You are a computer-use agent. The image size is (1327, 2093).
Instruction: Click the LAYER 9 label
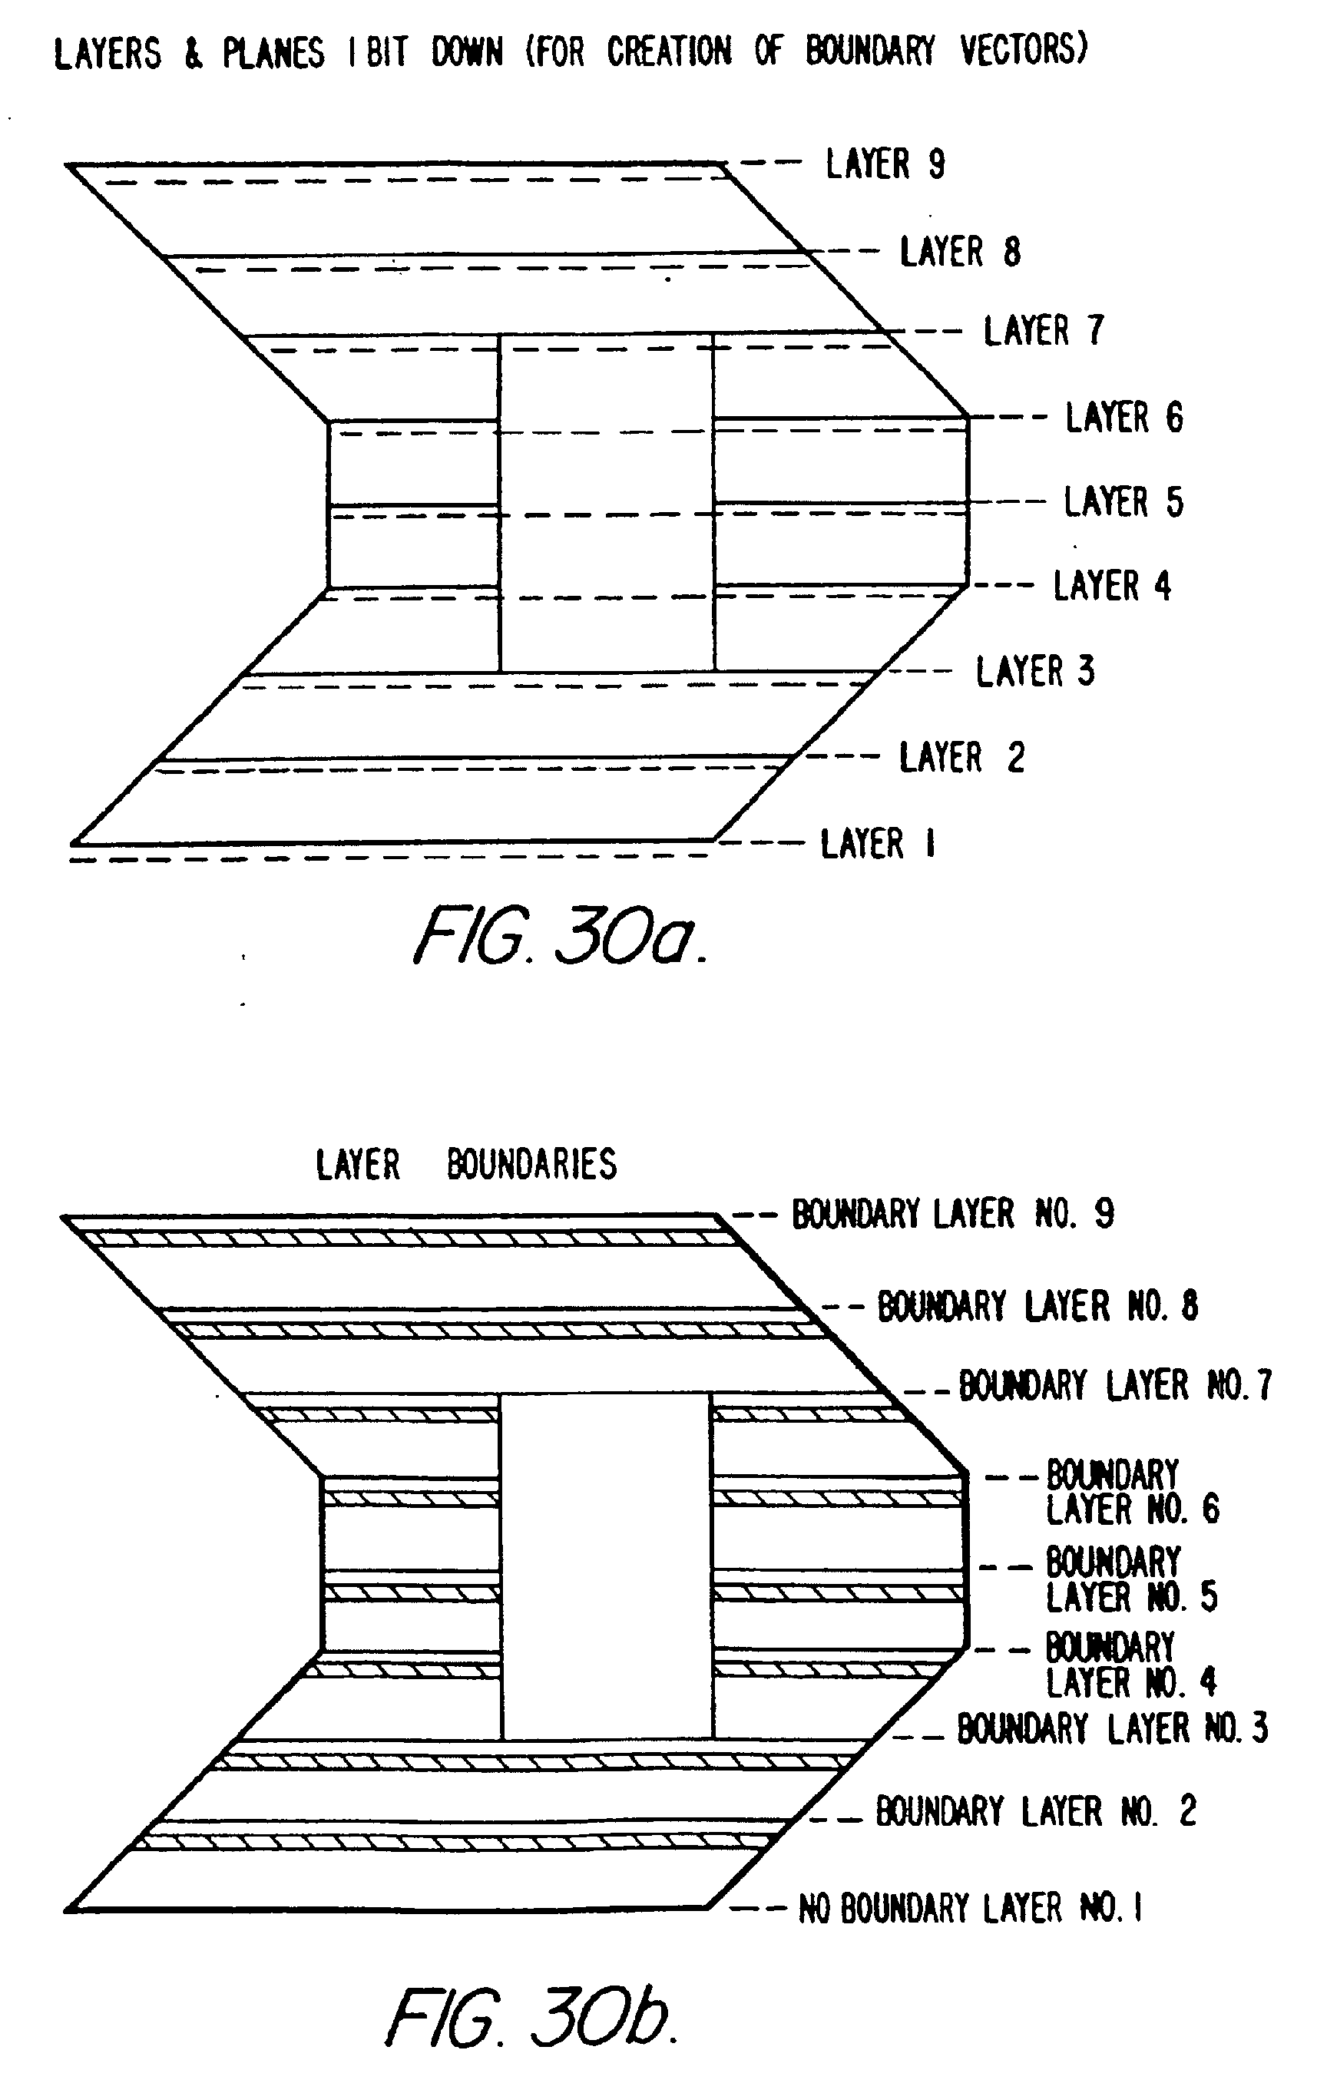(x=885, y=164)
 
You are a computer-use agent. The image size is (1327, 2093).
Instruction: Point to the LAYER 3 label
(x=1035, y=671)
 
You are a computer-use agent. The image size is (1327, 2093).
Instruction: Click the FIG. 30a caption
(x=560, y=937)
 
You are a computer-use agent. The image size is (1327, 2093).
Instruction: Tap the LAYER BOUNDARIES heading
(x=466, y=1164)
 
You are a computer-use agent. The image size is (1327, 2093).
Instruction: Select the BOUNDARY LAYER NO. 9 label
(x=952, y=1213)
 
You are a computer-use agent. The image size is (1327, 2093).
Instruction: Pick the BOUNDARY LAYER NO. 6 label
(x=1131, y=1492)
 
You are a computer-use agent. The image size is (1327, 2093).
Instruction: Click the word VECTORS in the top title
(x=1024, y=50)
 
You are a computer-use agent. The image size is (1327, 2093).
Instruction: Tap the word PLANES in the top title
(x=273, y=53)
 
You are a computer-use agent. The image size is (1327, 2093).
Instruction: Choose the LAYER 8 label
(x=959, y=252)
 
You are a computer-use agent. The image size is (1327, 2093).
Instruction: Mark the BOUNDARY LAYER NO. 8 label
(x=1037, y=1305)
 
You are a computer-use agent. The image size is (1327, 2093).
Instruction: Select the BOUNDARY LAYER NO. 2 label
(x=1035, y=1811)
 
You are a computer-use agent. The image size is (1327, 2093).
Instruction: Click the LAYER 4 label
(x=1111, y=586)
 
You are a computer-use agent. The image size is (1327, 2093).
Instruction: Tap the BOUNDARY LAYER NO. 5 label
(x=1130, y=1580)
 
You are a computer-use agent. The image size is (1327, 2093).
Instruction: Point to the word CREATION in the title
(x=669, y=51)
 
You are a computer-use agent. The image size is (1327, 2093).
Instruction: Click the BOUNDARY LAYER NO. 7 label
(x=1115, y=1386)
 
